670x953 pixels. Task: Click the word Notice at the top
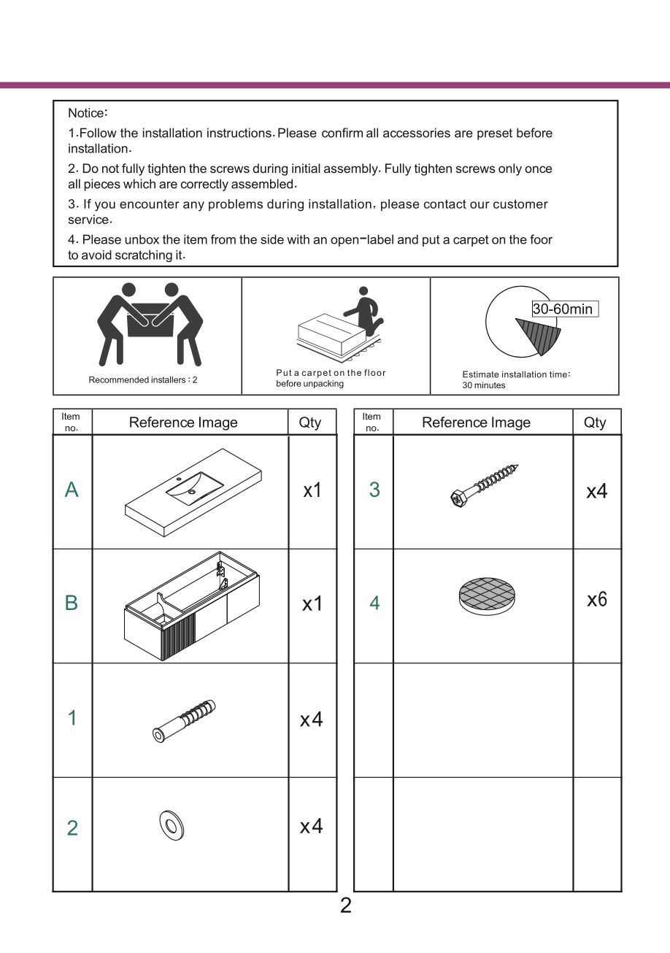pos(87,113)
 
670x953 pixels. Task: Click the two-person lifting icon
pos(150,324)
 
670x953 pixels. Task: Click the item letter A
pos(72,490)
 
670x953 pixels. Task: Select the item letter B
pos(72,603)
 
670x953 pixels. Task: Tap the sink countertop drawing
pos(193,493)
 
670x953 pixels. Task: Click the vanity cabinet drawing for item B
pos(192,606)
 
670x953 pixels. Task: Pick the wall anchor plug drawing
pos(184,721)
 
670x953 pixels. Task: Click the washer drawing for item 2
pos(172,825)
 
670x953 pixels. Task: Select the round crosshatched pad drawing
pos(487,596)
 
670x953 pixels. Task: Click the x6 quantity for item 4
pos(597,600)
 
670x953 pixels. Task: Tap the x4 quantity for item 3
pos(597,491)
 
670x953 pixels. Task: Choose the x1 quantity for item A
pos(312,490)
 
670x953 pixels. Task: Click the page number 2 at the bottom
pos(346,906)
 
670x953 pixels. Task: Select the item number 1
pos(72,718)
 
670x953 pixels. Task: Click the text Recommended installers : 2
pos(143,380)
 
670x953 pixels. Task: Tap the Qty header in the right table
pos(595,423)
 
